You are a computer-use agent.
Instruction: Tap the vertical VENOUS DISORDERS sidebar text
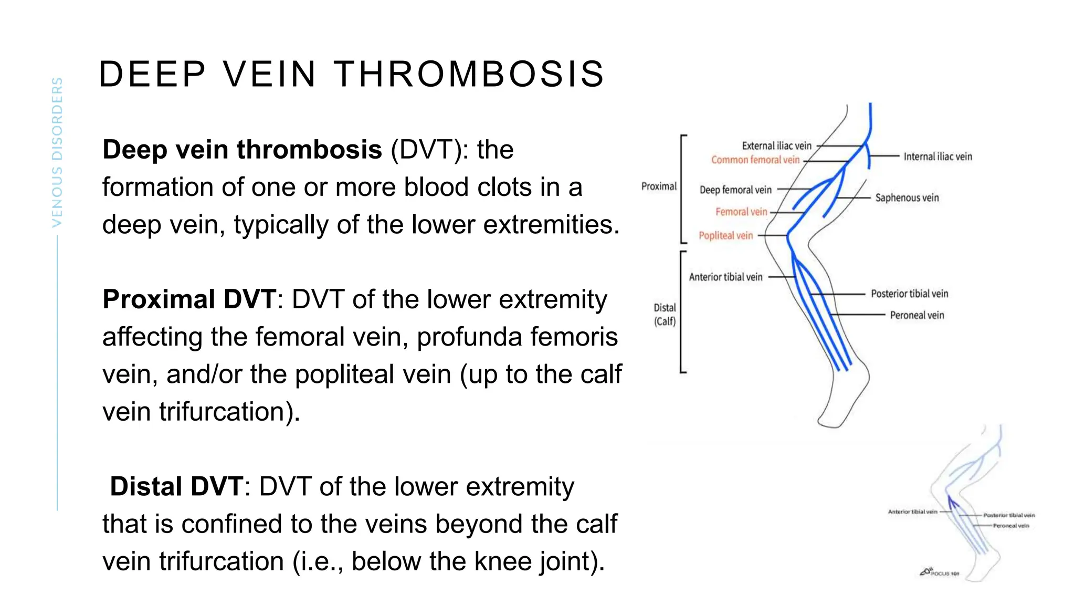point(57,152)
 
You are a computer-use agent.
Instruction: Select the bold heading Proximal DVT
point(189,299)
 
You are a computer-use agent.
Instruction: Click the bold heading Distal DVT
point(176,486)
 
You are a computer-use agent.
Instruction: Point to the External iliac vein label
point(776,145)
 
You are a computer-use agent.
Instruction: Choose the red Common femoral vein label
point(755,160)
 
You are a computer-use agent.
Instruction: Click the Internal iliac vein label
point(937,157)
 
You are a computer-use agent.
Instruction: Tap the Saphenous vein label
point(907,198)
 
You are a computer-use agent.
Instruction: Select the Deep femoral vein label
point(735,190)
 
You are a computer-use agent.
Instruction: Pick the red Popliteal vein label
point(725,236)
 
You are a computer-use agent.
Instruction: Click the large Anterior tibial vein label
point(725,277)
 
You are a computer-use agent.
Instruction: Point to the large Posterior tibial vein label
point(909,294)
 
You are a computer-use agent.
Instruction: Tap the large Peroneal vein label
point(916,315)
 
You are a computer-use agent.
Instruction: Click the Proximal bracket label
point(659,186)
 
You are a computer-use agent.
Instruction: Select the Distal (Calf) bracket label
point(665,314)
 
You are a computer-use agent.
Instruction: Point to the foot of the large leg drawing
point(840,410)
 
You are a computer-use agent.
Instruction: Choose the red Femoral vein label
point(741,212)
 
